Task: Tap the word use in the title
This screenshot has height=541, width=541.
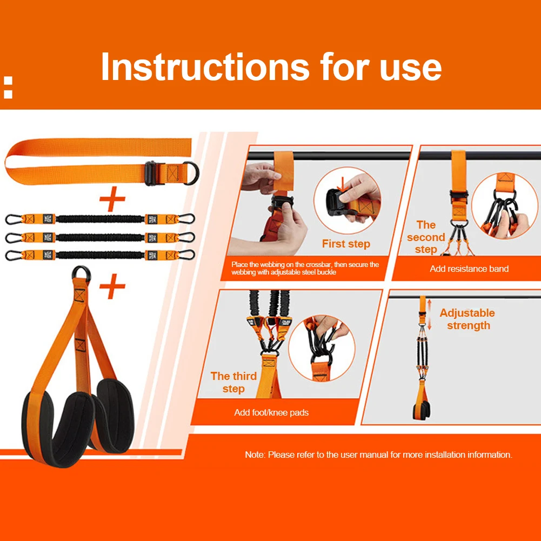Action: tap(411, 67)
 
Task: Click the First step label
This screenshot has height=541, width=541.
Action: tap(346, 244)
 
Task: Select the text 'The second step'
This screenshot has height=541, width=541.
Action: tap(426, 237)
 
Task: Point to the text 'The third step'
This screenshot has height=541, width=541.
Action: tap(233, 382)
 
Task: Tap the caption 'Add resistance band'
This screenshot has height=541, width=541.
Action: tap(469, 269)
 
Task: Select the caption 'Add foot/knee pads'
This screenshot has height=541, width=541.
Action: tap(271, 412)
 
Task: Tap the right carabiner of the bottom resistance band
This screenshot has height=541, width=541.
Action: tap(188, 255)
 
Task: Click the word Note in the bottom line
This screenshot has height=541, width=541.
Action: tap(255, 455)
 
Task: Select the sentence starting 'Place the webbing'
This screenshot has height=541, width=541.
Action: tap(305, 268)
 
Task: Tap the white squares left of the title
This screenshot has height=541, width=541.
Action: tap(8, 88)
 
